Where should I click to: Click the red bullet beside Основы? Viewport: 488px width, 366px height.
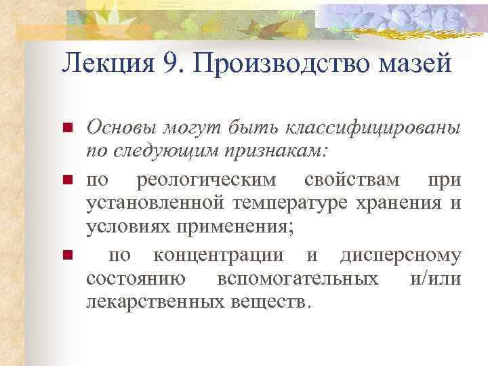[x=67, y=128]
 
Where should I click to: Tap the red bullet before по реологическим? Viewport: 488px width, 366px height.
[x=67, y=181]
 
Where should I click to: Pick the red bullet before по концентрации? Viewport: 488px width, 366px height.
[x=67, y=256]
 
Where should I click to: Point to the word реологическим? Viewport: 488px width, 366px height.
[x=207, y=181]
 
